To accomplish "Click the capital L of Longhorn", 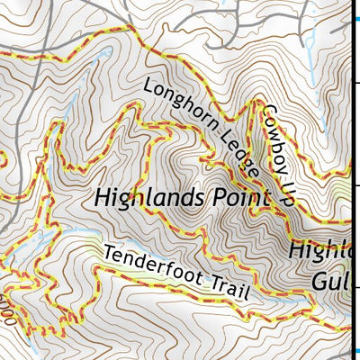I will pos(147,87).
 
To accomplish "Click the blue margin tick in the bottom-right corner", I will pos(355,352).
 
